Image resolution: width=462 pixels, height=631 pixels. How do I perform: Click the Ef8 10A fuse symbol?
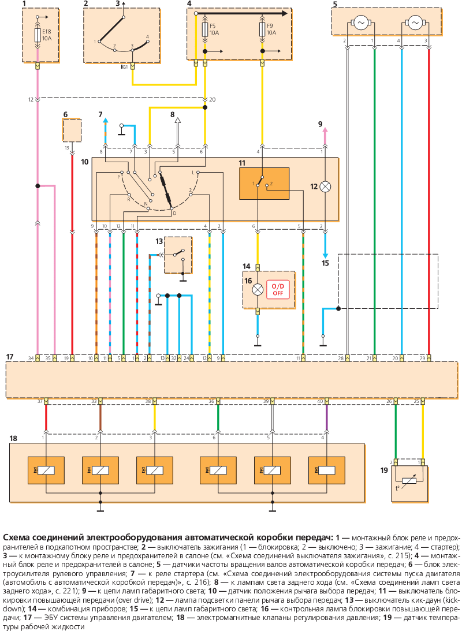(x=38, y=35)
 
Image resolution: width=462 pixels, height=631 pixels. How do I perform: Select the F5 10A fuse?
(x=205, y=29)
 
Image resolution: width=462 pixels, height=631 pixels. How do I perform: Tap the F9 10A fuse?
(x=262, y=29)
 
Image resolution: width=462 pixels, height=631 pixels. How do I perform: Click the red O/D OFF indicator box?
(x=278, y=289)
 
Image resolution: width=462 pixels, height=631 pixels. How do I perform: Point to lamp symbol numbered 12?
(x=325, y=186)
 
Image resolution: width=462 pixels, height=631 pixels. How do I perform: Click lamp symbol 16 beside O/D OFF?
(x=258, y=289)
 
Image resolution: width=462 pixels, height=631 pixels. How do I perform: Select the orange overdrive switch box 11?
(x=264, y=184)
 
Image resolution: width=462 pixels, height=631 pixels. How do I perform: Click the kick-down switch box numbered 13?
(x=178, y=255)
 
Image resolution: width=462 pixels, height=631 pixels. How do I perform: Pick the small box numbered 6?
(x=72, y=130)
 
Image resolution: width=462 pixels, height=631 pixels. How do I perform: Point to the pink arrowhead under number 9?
(x=325, y=130)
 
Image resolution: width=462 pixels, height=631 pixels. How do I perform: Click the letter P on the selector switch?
(x=119, y=177)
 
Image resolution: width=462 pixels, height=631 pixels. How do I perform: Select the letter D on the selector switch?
(x=174, y=213)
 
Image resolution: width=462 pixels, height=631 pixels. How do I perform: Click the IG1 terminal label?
(x=124, y=67)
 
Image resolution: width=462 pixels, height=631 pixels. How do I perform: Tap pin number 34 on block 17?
(x=31, y=358)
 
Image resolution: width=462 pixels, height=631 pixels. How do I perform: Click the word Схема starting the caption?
(x=17, y=537)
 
